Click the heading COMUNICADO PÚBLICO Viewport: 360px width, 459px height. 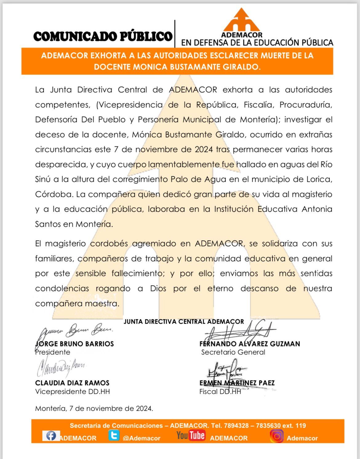[103, 36]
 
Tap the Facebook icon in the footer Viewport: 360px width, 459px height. [51, 436]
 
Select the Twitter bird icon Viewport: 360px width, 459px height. [114, 436]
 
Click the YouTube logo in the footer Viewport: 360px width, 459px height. [190, 435]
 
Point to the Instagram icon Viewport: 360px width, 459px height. [277, 436]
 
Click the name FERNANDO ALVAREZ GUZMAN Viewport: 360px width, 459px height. [250, 344]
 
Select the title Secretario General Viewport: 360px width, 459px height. [233, 352]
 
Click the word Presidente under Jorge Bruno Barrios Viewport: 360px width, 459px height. [53, 352]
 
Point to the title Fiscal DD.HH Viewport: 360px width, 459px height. [220, 392]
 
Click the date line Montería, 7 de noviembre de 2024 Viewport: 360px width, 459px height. [94, 409]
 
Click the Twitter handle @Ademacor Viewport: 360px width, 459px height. [142, 438]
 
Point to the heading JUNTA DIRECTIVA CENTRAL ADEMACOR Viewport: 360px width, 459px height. [184, 322]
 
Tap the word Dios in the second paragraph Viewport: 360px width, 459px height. [158, 289]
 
